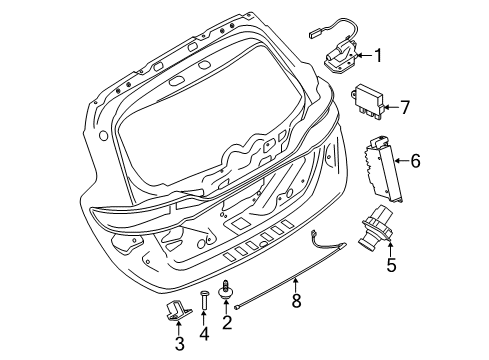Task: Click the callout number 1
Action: point(377,55)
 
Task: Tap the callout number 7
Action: point(405,107)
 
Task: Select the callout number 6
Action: point(415,161)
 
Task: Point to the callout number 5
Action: point(391,265)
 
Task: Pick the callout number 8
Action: point(296,300)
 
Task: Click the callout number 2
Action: point(227,323)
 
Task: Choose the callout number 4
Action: point(204,333)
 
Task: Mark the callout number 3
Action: point(179,344)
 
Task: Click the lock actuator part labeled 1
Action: point(342,57)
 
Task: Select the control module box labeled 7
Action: point(367,103)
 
